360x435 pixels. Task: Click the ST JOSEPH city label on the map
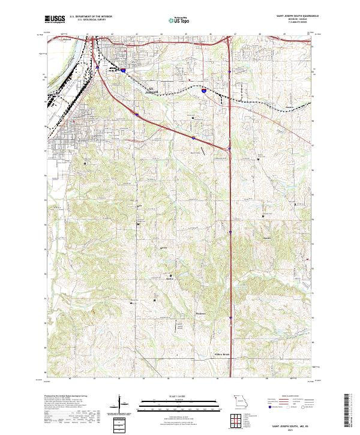pyautogui.click(x=154, y=90)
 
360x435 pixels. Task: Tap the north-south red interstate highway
pyautogui.click(x=231, y=240)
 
